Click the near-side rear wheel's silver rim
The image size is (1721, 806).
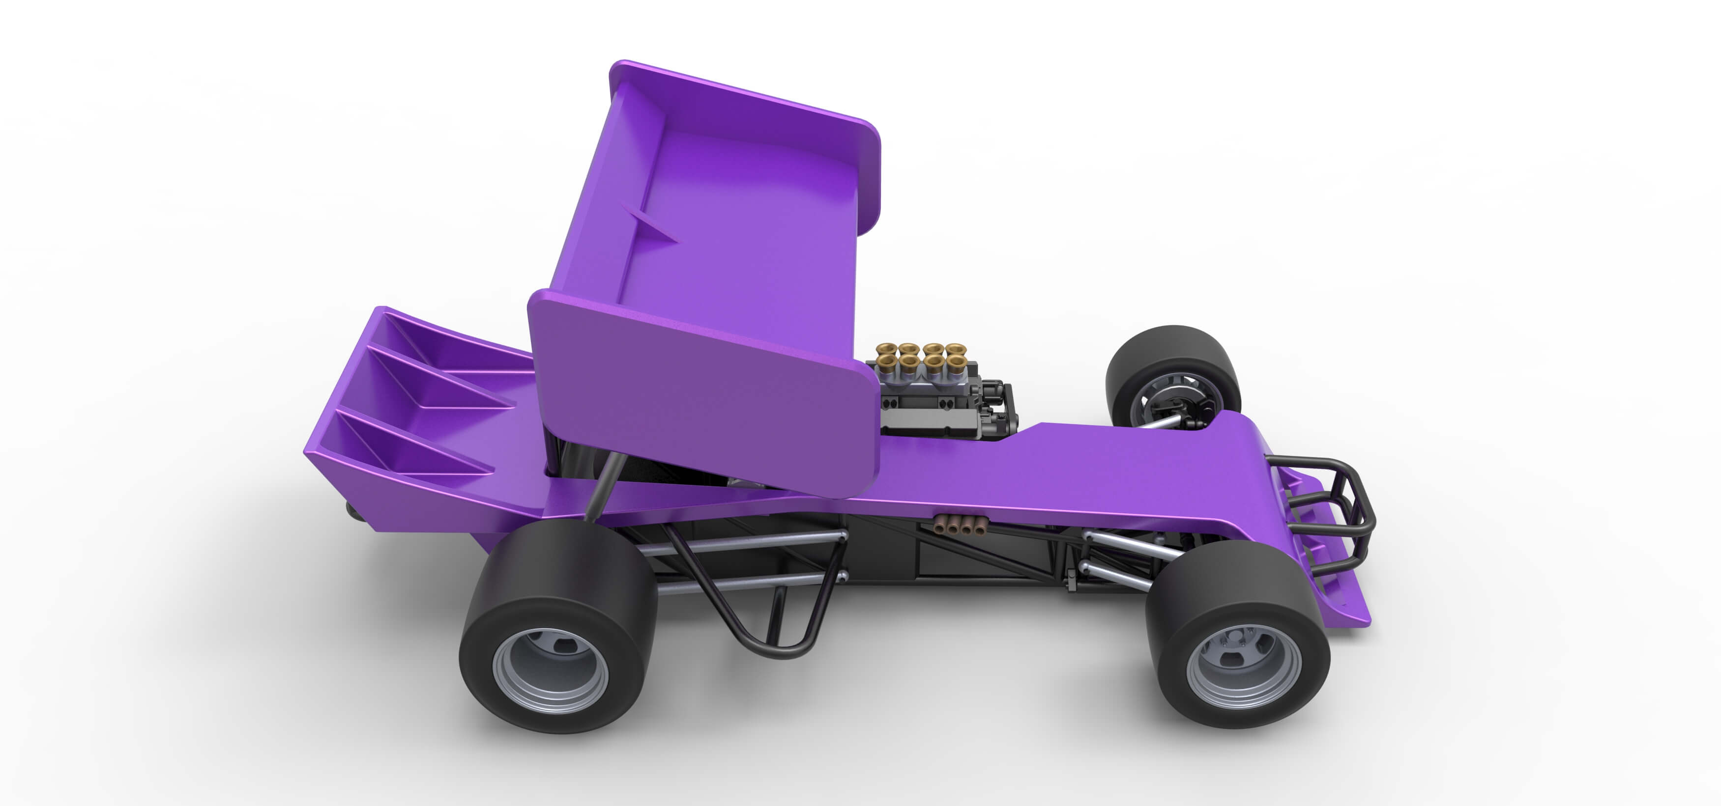pos(550,670)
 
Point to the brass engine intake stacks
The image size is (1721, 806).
pos(923,357)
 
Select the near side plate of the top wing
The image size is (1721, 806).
pos(701,394)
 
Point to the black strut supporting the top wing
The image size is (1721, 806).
pos(605,487)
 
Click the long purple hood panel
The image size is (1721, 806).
pos(1102,468)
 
